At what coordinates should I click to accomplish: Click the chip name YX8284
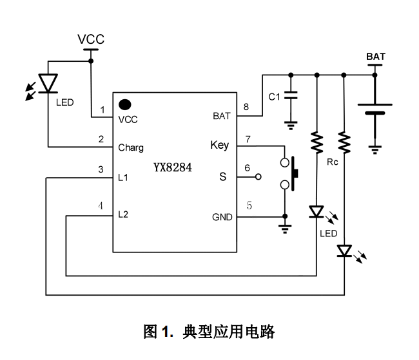click(x=172, y=167)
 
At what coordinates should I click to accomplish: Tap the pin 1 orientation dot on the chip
click(x=125, y=103)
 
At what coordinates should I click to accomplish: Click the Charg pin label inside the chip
click(x=131, y=147)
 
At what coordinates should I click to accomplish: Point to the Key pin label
click(x=220, y=145)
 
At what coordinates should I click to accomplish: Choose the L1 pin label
click(x=123, y=177)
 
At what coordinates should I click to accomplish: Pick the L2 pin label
click(x=123, y=214)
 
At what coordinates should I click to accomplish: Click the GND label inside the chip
click(x=222, y=217)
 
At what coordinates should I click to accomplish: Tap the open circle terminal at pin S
click(x=258, y=176)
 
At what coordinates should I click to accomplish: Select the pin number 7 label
click(x=247, y=138)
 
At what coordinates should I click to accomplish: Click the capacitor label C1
click(x=274, y=97)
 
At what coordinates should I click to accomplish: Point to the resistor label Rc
click(x=333, y=162)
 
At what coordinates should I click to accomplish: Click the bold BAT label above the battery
click(x=376, y=57)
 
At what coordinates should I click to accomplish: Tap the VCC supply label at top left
click(x=91, y=39)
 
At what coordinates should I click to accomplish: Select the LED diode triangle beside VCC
click(x=48, y=82)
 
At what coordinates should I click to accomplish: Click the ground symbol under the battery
click(x=375, y=150)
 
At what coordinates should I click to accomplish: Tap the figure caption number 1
click(x=166, y=332)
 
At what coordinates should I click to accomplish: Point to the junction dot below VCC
click(x=91, y=61)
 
